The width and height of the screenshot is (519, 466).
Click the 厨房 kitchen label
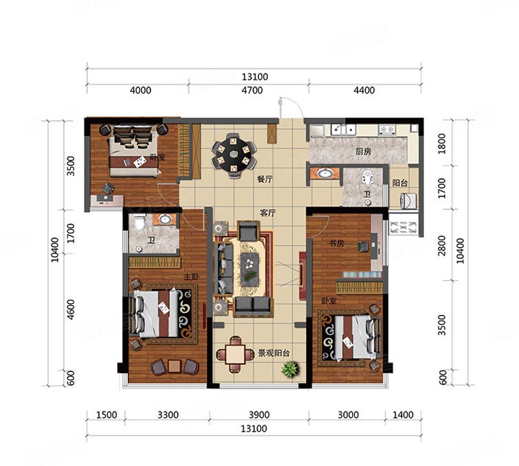pyautogui.click(x=363, y=152)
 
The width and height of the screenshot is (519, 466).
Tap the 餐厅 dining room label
pyautogui.click(x=265, y=180)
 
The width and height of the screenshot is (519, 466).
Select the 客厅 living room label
pyautogui.click(x=267, y=213)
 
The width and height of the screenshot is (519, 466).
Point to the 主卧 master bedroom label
pyautogui.click(x=191, y=276)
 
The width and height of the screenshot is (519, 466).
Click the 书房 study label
pyautogui.click(x=336, y=244)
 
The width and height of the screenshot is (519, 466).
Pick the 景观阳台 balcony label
pyautogui.click(x=273, y=353)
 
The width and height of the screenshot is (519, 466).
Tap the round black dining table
pyautogui.click(x=234, y=154)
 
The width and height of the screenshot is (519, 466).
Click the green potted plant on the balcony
pyautogui.click(x=290, y=369)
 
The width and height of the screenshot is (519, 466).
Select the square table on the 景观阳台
pyautogui.click(x=235, y=355)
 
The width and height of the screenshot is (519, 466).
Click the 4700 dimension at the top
pyautogui.click(x=252, y=90)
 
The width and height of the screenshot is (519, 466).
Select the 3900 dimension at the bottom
pyautogui.click(x=259, y=415)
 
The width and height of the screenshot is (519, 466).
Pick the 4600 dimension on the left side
pyautogui.click(x=71, y=310)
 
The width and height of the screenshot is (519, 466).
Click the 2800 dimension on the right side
pyautogui.click(x=442, y=246)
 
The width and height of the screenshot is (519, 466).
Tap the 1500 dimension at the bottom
pyautogui.click(x=106, y=415)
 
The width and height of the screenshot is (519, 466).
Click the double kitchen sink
pyautogui.click(x=343, y=130)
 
